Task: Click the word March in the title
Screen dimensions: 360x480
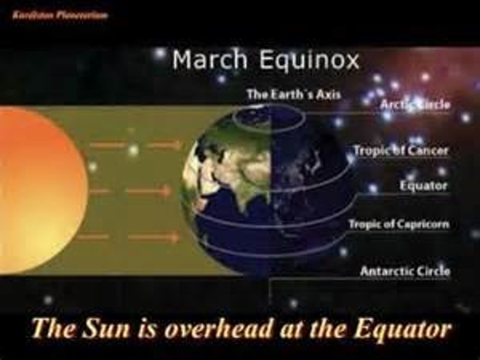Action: [x=209, y=60]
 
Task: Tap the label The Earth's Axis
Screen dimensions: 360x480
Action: [x=293, y=95]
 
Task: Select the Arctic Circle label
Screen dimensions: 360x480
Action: [x=415, y=105]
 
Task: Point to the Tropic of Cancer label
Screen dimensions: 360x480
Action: [x=401, y=151]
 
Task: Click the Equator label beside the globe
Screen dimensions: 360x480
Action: [x=423, y=186]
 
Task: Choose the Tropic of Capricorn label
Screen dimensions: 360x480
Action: [x=399, y=224]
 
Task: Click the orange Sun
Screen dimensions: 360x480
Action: [x=40, y=173]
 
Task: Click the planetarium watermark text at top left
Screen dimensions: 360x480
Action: [x=60, y=15]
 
